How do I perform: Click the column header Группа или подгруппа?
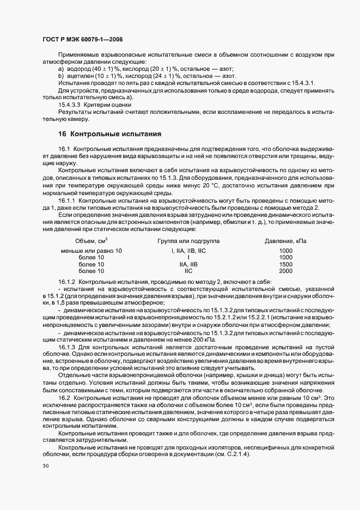(x=188, y=240)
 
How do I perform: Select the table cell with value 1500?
(x=285, y=264)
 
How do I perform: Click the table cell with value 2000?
(x=285, y=270)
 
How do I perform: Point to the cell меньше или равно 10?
(x=91, y=251)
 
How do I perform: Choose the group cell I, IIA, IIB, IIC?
(x=188, y=251)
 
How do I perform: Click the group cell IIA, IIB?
(x=188, y=264)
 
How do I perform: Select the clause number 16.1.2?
(x=68, y=281)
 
